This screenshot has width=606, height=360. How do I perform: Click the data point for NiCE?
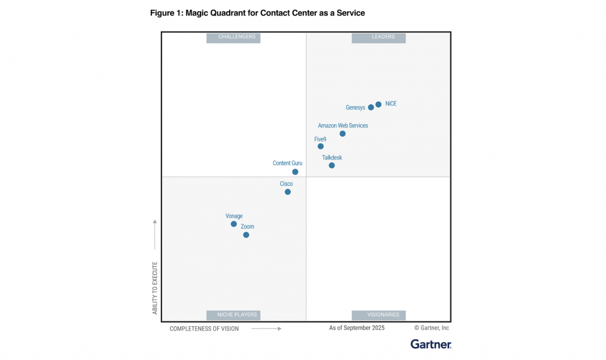coord(378,105)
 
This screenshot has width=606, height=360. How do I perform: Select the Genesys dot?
coord(371,107)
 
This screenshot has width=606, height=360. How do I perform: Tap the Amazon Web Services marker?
coord(343,134)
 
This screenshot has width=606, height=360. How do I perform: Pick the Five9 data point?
coord(321,146)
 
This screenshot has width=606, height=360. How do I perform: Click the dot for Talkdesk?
coord(332,165)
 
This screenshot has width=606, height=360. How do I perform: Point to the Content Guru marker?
coord(295,172)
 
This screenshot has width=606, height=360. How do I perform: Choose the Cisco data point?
coord(288,192)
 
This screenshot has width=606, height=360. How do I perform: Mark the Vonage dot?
coord(234,224)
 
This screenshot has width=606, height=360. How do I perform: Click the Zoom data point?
coord(246,235)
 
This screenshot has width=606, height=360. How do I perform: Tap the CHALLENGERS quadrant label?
coord(234,37)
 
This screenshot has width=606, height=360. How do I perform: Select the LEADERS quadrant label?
coord(379,37)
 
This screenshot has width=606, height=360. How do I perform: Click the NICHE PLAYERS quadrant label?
coord(234,315)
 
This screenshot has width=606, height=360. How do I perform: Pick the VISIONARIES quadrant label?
coord(379,315)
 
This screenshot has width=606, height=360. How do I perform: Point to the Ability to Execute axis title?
coord(155,288)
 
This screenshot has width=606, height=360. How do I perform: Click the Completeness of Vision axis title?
coord(204,329)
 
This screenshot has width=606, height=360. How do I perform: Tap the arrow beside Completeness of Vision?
coord(266,328)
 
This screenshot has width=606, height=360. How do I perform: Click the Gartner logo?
coord(431,344)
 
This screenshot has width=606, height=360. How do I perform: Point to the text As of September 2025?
coord(357,327)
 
